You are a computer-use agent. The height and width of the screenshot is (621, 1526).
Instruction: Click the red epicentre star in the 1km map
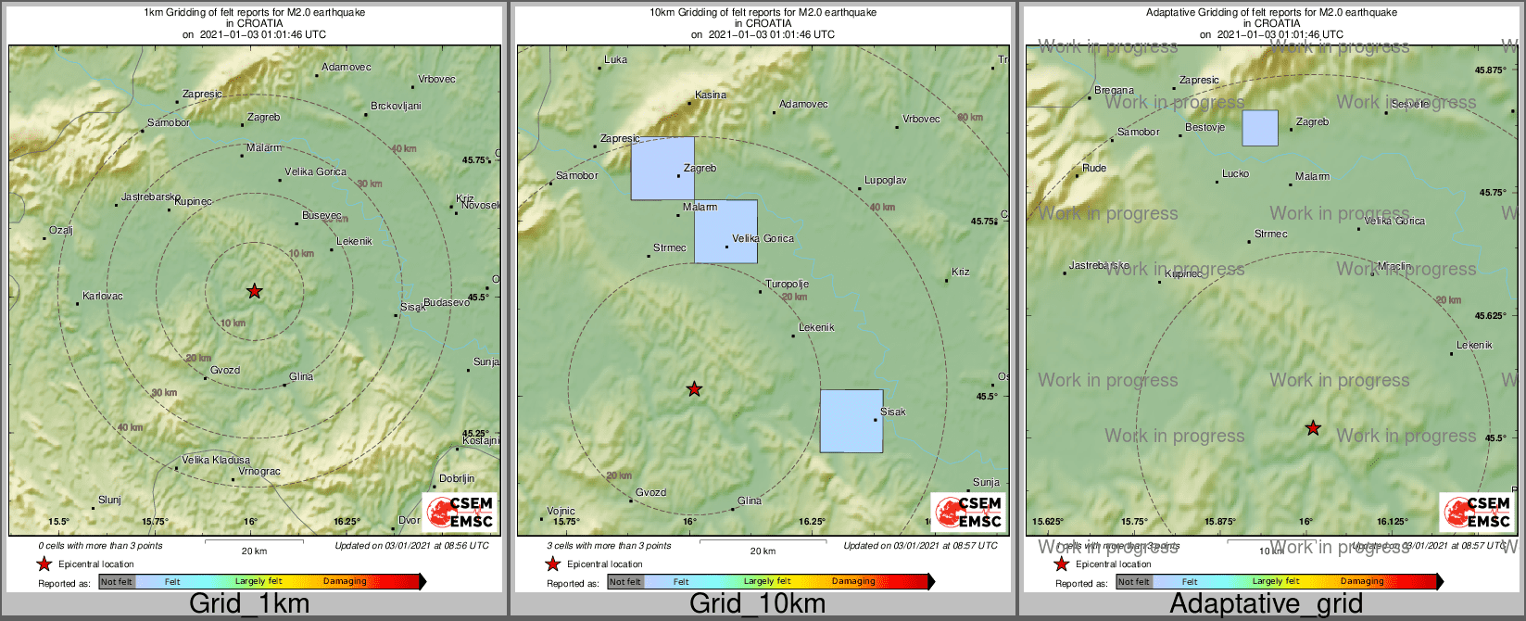(255, 291)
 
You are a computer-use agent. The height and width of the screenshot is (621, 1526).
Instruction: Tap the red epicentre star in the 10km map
(694, 389)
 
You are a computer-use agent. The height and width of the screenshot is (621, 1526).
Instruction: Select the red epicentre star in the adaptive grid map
(1313, 428)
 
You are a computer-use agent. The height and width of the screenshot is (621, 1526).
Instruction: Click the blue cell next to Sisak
(851, 421)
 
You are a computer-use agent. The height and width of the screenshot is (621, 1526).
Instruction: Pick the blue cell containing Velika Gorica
(725, 232)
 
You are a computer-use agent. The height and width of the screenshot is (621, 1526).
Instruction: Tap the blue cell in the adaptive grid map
(1260, 128)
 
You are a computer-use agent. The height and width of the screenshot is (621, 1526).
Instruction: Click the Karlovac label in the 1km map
(103, 297)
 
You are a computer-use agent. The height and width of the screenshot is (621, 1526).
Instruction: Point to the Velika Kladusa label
(216, 460)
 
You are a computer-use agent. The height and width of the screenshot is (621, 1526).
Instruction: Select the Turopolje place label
(788, 285)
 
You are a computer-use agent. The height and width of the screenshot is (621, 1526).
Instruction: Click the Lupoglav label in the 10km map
(886, 181)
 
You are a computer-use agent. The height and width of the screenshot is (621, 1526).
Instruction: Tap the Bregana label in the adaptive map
(1114, 91)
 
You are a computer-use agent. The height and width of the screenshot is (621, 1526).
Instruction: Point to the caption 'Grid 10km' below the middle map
(757, 604)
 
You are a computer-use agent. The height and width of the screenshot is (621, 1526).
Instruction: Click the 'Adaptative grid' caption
(1266, 604)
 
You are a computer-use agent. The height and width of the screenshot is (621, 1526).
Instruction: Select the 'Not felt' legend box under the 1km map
(117, 582)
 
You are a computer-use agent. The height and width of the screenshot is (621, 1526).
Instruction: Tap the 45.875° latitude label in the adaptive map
(1491, 70)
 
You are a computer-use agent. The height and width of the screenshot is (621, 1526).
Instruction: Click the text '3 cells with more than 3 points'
(609, 546)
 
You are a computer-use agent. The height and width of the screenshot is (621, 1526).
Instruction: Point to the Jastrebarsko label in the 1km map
(150, 197)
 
